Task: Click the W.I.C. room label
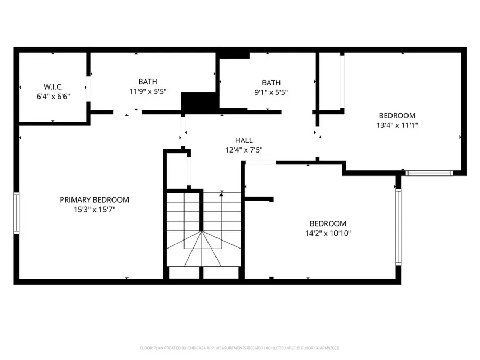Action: coord(53,87)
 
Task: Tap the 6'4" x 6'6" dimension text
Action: coord(53,96)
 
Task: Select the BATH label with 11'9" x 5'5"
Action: coord(148,82)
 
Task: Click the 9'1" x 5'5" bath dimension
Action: coord(271,92)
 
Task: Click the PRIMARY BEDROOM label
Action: coord(94,200)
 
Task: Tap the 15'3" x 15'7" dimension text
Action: coord(94,210)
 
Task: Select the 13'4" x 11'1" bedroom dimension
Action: coord(397,125)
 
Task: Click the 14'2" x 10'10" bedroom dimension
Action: coord(328,233)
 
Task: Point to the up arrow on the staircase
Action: coord(221,195)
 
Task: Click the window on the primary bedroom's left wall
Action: coord(17,213)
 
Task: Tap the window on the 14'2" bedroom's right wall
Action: coord(397,227)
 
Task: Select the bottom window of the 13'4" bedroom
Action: coord(429,173)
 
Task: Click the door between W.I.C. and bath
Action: coord(89,87)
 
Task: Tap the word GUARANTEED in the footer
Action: coord(326,348)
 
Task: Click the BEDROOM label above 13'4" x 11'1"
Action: coord(397,116)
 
